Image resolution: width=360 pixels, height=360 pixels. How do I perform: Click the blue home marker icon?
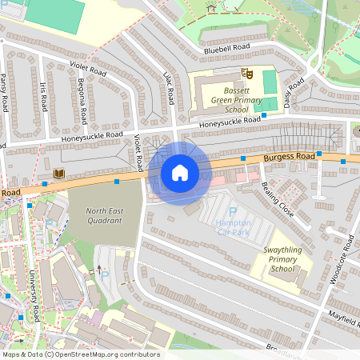[x=180, y=173]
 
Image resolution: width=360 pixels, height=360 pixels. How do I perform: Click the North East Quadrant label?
[x=106, y=217]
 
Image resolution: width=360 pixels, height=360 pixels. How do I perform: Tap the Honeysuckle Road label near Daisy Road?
[x=230, y=122]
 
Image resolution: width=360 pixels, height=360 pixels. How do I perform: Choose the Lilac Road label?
[x=169, y=87]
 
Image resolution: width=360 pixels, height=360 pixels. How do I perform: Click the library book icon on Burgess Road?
[x=58, y=173]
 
